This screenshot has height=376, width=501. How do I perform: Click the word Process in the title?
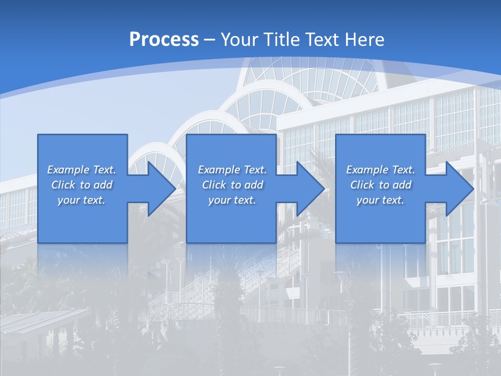164,40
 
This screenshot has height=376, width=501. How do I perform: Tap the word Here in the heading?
365,40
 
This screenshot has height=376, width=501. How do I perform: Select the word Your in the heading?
239,40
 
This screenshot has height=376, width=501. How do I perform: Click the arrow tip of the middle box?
324,189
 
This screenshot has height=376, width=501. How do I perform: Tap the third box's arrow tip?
472,189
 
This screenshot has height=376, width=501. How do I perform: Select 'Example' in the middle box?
218,170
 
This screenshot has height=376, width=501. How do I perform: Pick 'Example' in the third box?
366,170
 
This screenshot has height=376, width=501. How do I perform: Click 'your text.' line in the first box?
81,200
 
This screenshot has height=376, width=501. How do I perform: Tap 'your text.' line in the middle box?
232,200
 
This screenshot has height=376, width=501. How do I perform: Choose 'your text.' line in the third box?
380,200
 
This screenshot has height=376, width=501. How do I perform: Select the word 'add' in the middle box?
254,185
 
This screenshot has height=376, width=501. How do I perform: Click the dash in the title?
210,40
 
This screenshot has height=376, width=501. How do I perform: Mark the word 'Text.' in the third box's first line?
403,170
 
